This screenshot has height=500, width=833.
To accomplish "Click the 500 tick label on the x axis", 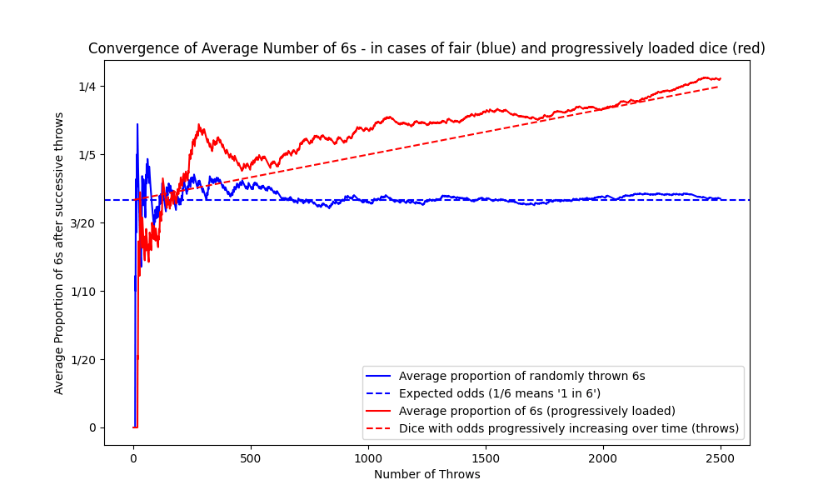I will click(251, 458).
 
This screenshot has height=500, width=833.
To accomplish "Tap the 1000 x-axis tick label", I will click(368, 458).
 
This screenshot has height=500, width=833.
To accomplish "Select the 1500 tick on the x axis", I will click(486, 458).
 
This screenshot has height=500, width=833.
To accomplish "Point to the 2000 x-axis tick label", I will click(603, 458).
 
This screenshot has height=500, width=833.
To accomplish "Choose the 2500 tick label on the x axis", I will click(721, 458).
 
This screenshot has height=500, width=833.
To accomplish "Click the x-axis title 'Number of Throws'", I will click(426, 475).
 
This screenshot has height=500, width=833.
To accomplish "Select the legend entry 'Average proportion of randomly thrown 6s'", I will click(521, 377).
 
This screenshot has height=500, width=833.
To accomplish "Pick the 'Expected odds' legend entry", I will click(500, 394).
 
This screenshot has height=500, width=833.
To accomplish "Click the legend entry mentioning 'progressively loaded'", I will click(536, 412).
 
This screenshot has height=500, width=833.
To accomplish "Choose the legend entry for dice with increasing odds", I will click(568, 429).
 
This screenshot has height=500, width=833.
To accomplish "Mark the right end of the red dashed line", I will click(719, 87).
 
